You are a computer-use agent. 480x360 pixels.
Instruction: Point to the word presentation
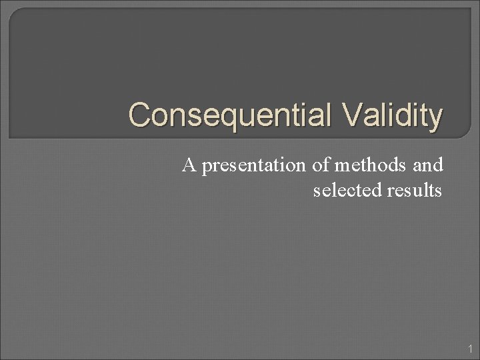[254, 167]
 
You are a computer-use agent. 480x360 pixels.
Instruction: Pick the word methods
[369, 166]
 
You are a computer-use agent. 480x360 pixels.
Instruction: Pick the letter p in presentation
[206, 169]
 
